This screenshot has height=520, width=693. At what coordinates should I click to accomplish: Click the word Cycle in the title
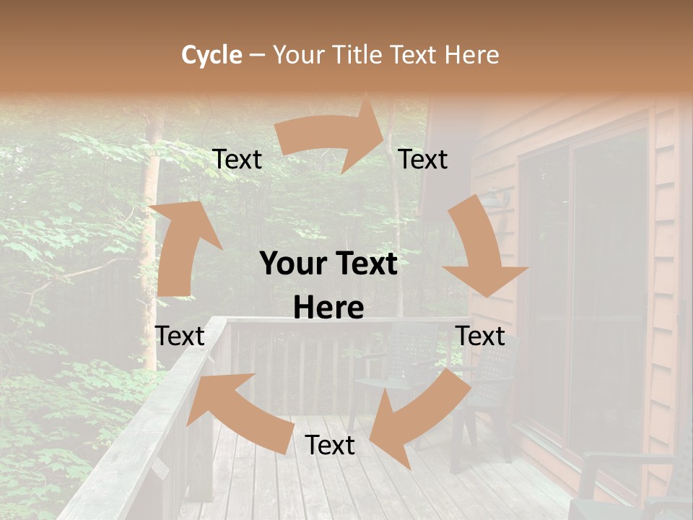click(x=212, y=55)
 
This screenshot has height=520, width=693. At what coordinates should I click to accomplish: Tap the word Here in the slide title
click(x=472, y=55)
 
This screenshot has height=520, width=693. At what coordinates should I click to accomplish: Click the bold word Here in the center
click(x=328, y=308)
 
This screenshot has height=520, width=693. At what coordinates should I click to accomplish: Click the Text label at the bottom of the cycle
click(x=330, y=445)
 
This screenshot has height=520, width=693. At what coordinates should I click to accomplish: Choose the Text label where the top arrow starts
click(x=237, y=159)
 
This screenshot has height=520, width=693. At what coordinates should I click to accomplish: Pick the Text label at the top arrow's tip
click(x=423, y=159)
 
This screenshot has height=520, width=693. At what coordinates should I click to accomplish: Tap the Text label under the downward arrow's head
click(x=480, y=336)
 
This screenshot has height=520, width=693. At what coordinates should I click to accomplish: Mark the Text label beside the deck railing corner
click(x=180, y=336)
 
